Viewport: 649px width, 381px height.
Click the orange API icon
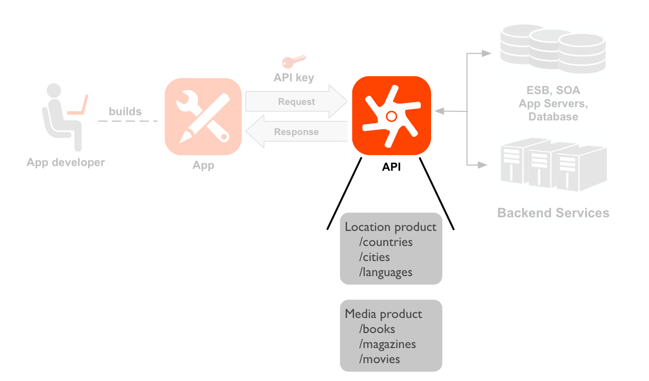392,115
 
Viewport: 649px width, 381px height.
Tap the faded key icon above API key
294,62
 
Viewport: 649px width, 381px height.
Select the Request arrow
296,102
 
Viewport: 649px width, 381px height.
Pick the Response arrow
296,132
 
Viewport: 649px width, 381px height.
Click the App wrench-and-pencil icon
203,116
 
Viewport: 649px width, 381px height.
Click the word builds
125,111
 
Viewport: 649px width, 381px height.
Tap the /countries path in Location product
386,242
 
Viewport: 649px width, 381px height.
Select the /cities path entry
374,257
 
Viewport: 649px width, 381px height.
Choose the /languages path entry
386,272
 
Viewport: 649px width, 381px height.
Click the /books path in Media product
377,329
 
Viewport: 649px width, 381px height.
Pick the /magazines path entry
387,344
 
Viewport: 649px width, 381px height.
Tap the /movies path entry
379,359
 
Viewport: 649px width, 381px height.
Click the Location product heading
390,227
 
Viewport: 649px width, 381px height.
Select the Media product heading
383,314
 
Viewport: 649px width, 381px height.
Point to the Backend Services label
553,213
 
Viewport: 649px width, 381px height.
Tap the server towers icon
553,164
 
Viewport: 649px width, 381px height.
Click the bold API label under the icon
391,167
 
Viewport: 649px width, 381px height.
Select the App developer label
66,163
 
